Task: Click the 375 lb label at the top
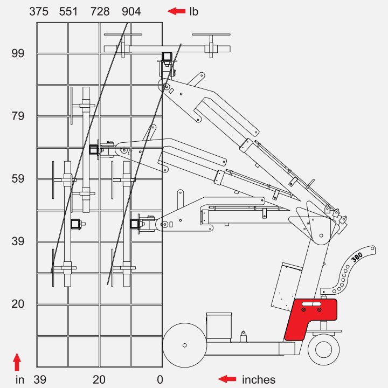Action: [x=39, y=12]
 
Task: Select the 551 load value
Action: [x=68, y=12]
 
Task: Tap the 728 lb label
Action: [x=100, y=12]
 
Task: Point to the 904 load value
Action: [x=131, y=12]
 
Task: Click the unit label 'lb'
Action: [x=194, y=12]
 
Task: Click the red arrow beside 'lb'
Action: [x=176, y=11]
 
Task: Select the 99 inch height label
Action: [x=18, y=53]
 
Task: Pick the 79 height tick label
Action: [x=18, y=116]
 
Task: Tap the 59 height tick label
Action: [x=18, y=179]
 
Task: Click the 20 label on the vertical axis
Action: [x=18, y=304]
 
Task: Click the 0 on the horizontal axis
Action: [x=160, y=379]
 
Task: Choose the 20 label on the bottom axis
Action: [x=99, y=379]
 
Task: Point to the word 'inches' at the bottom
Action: [x=259, y=379]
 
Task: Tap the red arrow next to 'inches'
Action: [x=227, y=379]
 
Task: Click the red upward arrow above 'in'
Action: [x=17, y=362]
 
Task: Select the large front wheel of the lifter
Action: [x=185, y=345]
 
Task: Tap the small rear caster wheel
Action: [x=324, y=349]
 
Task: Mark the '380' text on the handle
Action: [x=357, y=258]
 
